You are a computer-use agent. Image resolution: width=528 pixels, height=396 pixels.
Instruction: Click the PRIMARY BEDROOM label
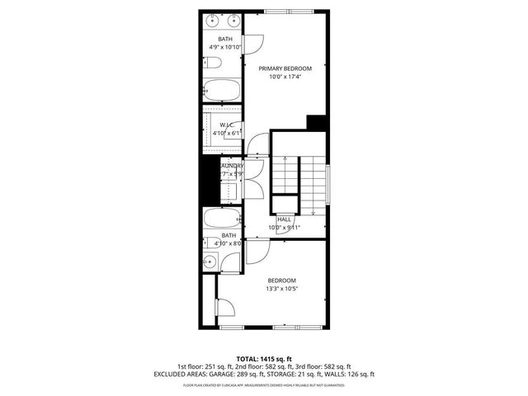click(285, 68)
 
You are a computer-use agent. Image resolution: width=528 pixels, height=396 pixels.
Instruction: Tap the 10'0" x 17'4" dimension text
click(285, 78)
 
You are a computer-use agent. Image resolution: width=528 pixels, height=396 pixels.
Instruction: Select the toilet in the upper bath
click(211, 64)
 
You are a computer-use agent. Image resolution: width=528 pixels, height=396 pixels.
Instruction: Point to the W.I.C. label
click(225, 125)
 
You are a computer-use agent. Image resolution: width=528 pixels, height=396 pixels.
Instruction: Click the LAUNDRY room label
click(231, 166)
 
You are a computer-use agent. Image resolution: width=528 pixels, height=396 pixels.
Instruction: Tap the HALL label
click(285, 219)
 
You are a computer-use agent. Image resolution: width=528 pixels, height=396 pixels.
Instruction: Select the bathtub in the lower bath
click(222, 219)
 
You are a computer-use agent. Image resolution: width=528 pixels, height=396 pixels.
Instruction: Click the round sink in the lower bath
click(210, 262)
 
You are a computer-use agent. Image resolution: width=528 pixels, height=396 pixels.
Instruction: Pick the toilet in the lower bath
click(210, 243)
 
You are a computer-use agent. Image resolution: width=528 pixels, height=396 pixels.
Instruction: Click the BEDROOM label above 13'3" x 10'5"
click(281, 280)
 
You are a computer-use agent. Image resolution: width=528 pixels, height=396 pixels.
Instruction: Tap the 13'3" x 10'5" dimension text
click(281, 290)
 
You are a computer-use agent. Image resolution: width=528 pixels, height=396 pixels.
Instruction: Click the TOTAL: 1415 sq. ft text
click(263, 359)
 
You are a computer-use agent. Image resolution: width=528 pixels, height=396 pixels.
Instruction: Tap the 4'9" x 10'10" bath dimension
click(226, 48)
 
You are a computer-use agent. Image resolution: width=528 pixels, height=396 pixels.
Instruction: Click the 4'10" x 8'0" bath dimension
click(225, 243)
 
